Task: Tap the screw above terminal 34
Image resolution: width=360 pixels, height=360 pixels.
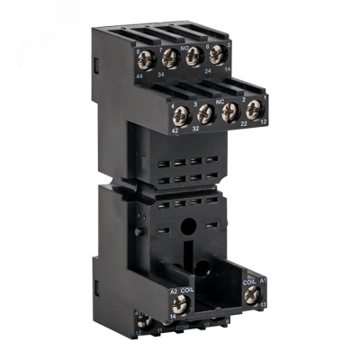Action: (168, 60)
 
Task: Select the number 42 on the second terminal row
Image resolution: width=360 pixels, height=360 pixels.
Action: (175, 130)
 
